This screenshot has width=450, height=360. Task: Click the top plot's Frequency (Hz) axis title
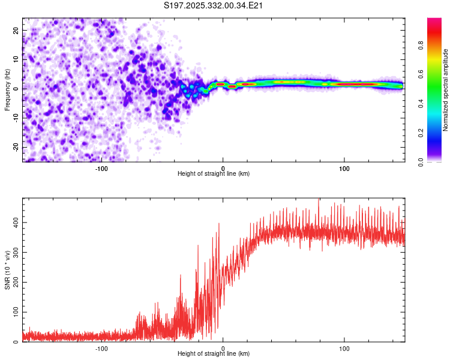(7, 90)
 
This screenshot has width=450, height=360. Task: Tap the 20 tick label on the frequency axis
(16, 30)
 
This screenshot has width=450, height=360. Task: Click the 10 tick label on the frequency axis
(16, 59)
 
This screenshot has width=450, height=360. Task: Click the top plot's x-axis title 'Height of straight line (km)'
(214, 173)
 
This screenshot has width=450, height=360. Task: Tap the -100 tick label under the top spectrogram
(101, 167)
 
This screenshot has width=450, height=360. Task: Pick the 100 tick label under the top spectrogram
(344, 167)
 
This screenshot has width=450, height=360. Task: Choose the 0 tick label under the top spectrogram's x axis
(223, 167)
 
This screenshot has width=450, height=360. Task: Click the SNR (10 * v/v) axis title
(7, 270)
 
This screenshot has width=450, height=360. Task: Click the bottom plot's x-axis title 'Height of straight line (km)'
(214, 353)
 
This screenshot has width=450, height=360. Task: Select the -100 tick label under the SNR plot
(101, 348)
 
